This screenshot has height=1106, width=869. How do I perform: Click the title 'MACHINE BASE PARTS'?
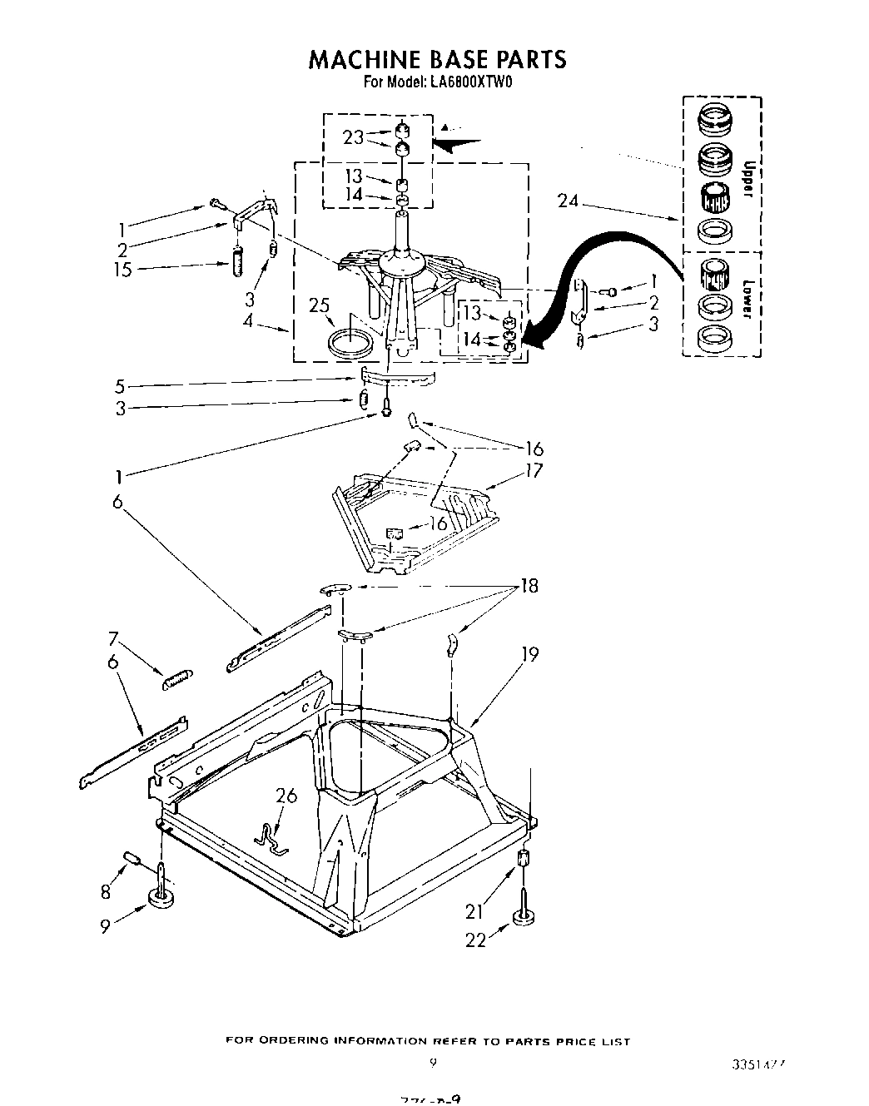point(437,59)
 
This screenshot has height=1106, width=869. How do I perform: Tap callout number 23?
point(354,137)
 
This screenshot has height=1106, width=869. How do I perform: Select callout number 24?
point(568,201)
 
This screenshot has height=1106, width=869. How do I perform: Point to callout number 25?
point(319,305)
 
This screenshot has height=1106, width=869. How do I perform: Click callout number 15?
point(123,270)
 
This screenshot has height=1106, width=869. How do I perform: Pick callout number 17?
point(533,470)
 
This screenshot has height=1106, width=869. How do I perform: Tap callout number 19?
point(529,655)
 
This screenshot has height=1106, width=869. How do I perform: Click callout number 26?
point(286,796)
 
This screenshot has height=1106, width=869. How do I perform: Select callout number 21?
point(474,911)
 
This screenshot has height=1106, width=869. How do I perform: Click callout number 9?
point(105,925)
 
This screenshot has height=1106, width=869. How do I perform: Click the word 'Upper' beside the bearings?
point(747,179)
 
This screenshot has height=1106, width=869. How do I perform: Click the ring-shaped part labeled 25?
point(350,343)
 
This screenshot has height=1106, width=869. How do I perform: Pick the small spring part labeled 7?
point(177,679)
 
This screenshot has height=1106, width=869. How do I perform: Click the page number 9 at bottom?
point(433,1063)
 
